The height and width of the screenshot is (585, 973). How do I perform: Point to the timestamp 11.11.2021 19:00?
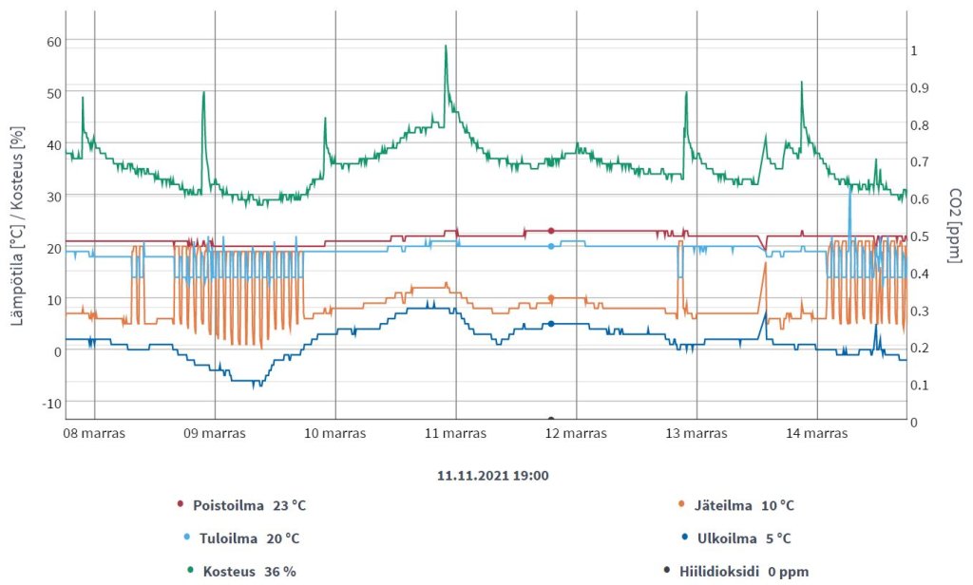coord(487,475)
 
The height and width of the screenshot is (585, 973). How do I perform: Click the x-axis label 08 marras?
coord(95,433)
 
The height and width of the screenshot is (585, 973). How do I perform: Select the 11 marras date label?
coord(456,433)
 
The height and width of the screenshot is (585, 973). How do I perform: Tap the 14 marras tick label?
coord(817,433)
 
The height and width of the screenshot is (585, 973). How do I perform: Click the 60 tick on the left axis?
coord(53,42)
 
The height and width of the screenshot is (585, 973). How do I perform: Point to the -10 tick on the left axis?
coord(50,403)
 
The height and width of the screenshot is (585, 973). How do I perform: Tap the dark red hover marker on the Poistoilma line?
coord(551,231)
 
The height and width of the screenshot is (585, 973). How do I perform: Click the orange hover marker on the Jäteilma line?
coord(551,298)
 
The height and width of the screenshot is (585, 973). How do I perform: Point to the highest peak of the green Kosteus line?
coord(446,46)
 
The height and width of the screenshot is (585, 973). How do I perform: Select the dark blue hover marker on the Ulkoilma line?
coord(551,324)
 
